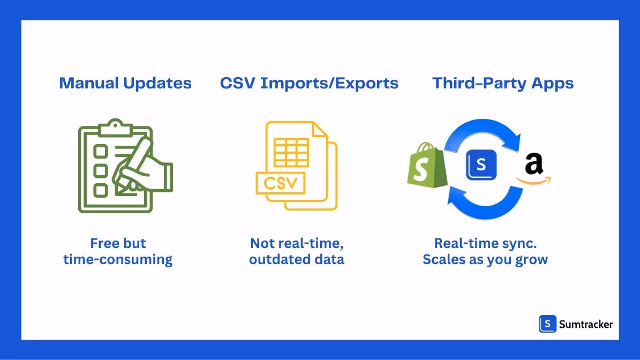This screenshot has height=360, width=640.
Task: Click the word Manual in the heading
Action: pyautogui.click(x=88, y=83)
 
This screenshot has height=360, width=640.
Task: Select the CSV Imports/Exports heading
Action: pyautogui.click(x=309, y=84)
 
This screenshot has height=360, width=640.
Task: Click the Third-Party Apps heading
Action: pyautogui.click(x=503, y=84)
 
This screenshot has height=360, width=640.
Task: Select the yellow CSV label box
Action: pyautogui.click(x=281, y=183)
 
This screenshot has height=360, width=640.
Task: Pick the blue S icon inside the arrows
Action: pyautogui.click(x=481, y=164)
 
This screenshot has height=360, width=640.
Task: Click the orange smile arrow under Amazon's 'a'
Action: pyautogui.click(x=534, y=181)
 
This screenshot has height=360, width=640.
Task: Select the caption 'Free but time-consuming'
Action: pyautogui.click(x=118, y=251)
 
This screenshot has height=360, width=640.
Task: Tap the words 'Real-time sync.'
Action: pyautogui.click(x=485, y=243)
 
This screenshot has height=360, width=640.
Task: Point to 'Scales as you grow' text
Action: pyautogui.click(x=485, y=260)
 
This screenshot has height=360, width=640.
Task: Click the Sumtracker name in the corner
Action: pyautogui.click(x=585, y=324)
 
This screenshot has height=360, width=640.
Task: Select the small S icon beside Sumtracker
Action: pyautogui.click(x=547, y=324)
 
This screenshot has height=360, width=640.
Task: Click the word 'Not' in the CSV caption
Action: pyautogui.click(x=262, y=243)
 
